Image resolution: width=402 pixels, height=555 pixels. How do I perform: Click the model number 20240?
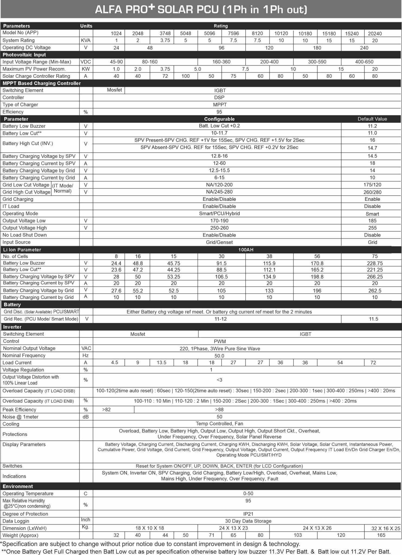point(375,34)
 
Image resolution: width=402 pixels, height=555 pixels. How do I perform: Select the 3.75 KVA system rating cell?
point(165,41)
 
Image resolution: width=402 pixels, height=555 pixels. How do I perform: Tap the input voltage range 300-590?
point(317,62)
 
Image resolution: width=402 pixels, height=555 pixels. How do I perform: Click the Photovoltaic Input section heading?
point(24,55)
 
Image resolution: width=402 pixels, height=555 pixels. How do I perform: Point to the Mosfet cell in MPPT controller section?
point(114,90)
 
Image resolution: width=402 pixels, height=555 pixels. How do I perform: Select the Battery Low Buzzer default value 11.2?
point(372,126)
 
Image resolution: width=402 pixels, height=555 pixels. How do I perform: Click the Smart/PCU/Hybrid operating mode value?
point(219,214)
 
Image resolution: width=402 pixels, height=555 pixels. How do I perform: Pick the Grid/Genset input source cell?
point(219,242)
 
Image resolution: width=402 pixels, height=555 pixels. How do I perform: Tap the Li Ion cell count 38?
point(269,256)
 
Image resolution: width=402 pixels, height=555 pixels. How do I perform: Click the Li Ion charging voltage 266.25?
point(375,277)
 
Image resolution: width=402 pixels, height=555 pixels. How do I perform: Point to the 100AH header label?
point(246,250)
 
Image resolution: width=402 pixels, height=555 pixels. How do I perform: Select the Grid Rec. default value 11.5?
point(373,319)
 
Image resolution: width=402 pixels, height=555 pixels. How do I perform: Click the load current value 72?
point(373,363)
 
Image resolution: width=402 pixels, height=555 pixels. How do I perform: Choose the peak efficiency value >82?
point(106,409)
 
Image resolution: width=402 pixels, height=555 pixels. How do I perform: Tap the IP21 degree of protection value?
point(248,514)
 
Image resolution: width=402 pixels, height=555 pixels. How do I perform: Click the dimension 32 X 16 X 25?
point(385,528)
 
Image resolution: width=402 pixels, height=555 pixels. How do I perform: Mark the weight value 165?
point(381,535)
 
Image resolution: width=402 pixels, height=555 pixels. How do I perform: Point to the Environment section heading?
point(18,486)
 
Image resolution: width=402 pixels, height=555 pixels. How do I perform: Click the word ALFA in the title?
point(108,10)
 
